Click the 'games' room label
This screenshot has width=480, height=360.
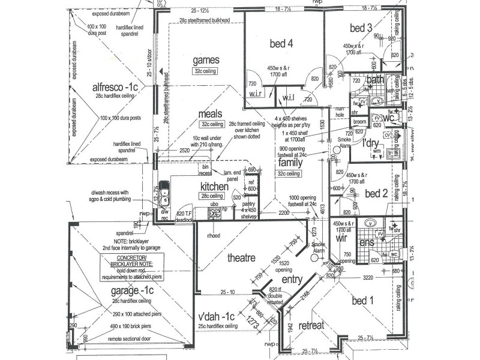(x=206, y=60)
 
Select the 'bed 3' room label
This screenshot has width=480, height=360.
(x=361, y=28)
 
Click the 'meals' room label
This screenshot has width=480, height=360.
(x=211, y=113)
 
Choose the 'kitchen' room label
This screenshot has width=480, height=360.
(x=214, y=187)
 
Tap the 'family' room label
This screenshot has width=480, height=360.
(x=290, y=163)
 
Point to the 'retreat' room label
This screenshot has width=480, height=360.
(x=311, y=326)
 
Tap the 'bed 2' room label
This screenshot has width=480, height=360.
(x=377, y=193)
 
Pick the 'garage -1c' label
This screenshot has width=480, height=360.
(x=133, y=290)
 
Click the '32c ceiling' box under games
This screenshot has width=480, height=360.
(x=205, y=71)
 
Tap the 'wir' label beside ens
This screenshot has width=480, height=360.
(x=342, y=238)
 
